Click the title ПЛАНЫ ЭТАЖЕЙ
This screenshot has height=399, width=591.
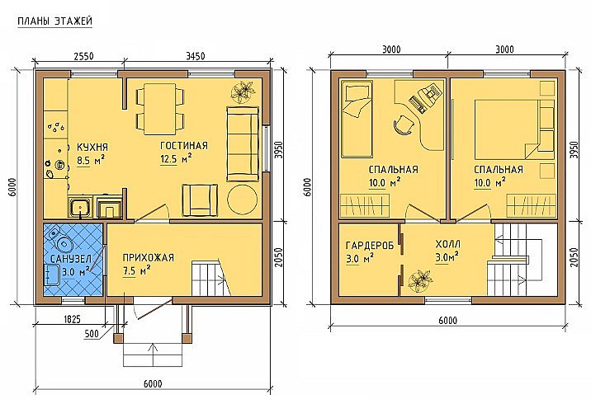click(55, 21)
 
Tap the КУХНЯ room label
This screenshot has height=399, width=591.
click(92, 147)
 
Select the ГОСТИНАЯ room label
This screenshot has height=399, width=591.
click(184, 146)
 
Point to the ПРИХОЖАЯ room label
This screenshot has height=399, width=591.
click(148, 258)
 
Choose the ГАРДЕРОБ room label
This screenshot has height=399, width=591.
click(370, 246)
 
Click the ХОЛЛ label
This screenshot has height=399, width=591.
click(447, 245)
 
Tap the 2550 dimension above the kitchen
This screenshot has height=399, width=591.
click(83, 56)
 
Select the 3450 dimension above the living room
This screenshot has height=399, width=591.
click(196, 56)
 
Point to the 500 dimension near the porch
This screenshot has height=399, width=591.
click(92, 334)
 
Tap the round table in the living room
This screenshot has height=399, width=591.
click(243, 199)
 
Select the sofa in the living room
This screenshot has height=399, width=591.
click(243, 144)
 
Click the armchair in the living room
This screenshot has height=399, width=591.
click(200, 200)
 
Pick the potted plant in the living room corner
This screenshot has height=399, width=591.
click(242, 92)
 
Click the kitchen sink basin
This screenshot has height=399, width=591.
click(79, 207)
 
